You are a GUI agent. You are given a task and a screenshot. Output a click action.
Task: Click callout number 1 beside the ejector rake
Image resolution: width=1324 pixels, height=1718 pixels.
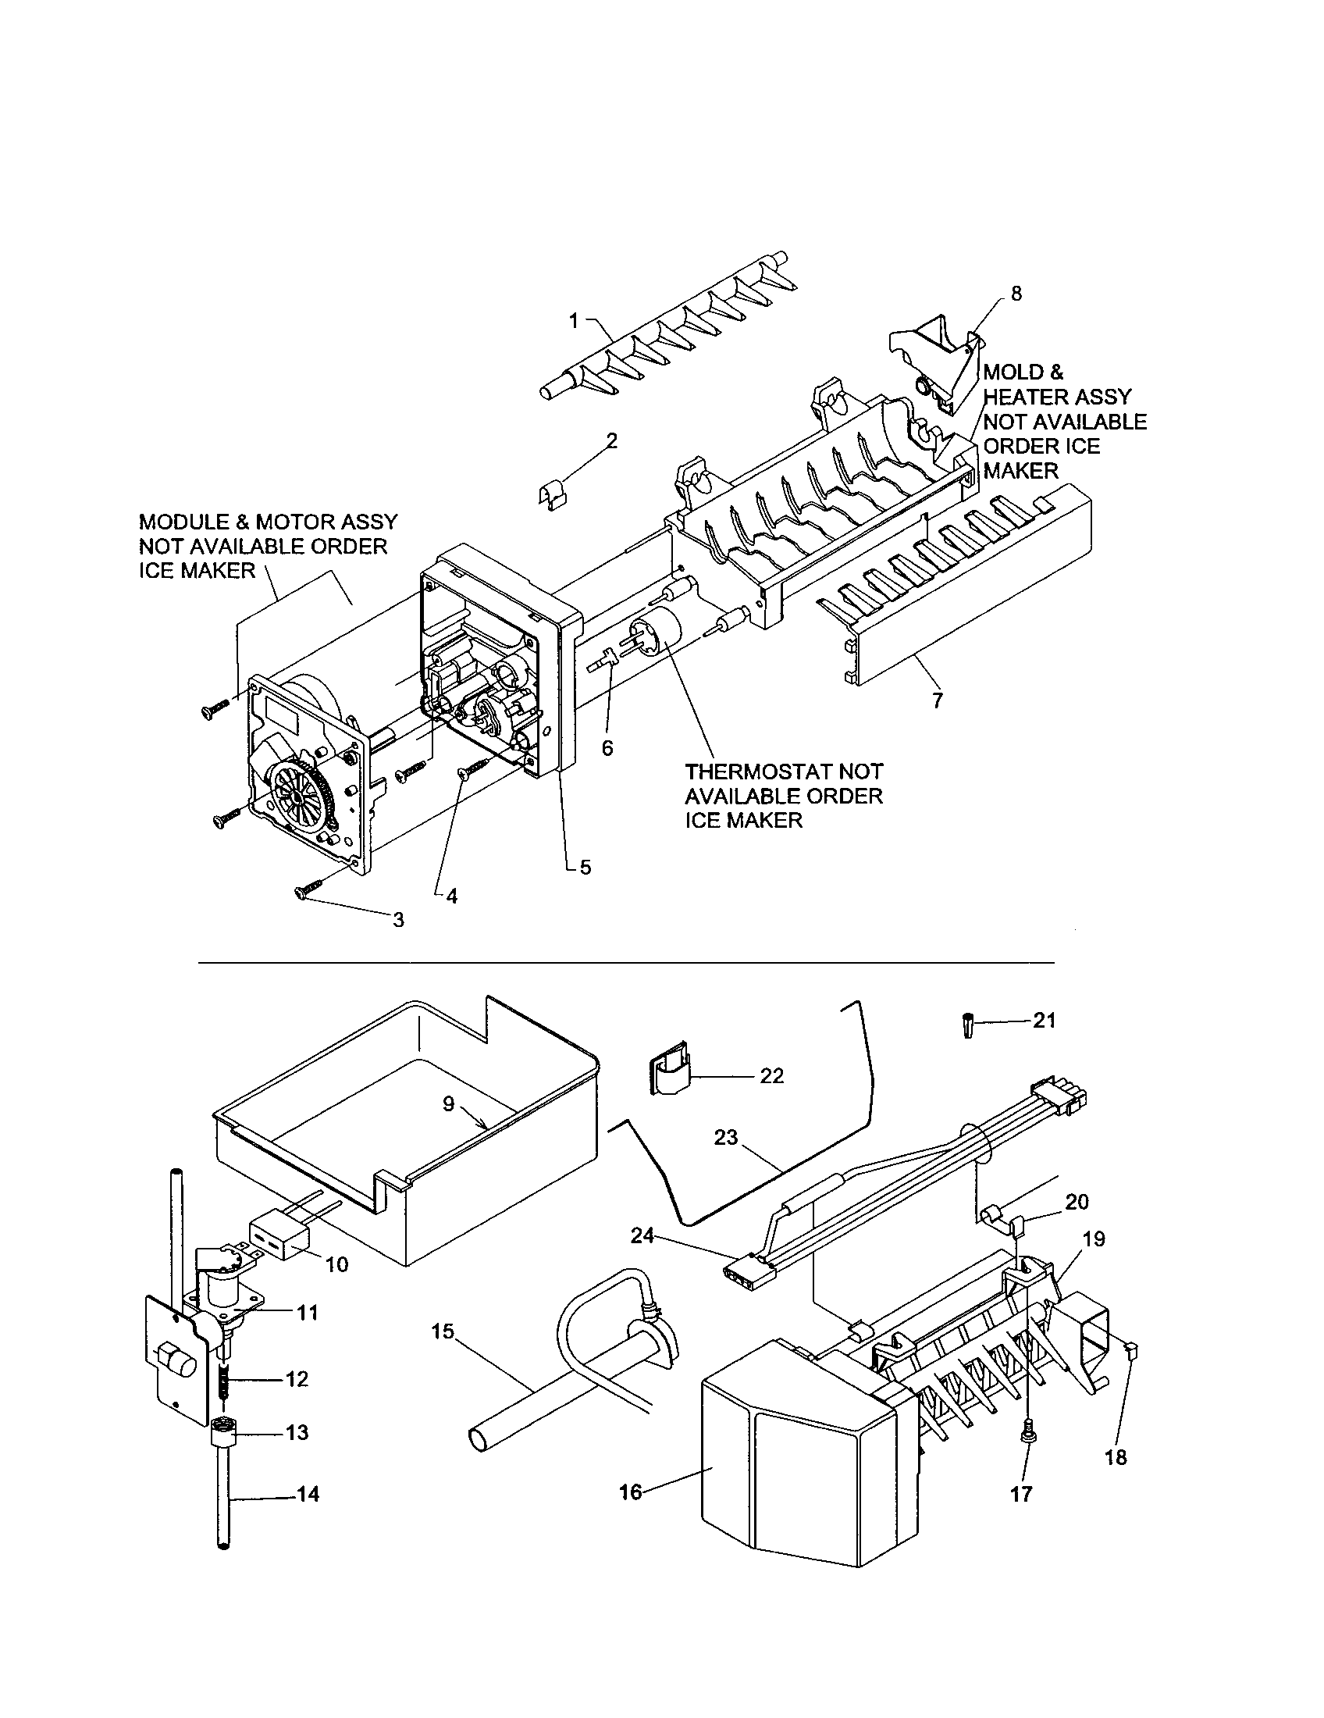[573, 320]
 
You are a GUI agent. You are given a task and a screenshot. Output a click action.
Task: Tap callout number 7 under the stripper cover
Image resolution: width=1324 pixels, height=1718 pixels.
[937, 700]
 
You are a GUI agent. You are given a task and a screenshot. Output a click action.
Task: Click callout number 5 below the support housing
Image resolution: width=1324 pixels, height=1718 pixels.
[585, 868]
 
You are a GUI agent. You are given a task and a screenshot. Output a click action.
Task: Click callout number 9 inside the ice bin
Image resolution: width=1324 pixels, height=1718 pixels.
[448, 1103]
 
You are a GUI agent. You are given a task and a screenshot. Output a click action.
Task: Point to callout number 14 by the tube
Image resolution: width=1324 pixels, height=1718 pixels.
[309, 1493]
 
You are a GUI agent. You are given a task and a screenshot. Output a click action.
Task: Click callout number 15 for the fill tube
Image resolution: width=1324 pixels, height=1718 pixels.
[443, 1331]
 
